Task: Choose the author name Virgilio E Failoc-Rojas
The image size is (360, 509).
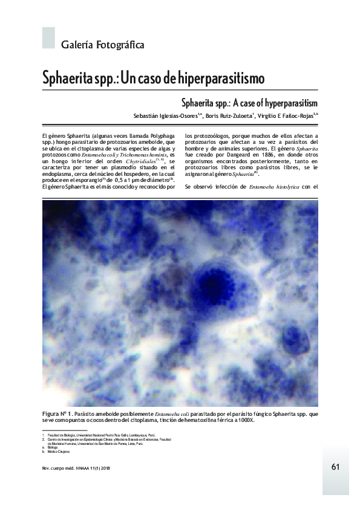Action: (x=289, y=116)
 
